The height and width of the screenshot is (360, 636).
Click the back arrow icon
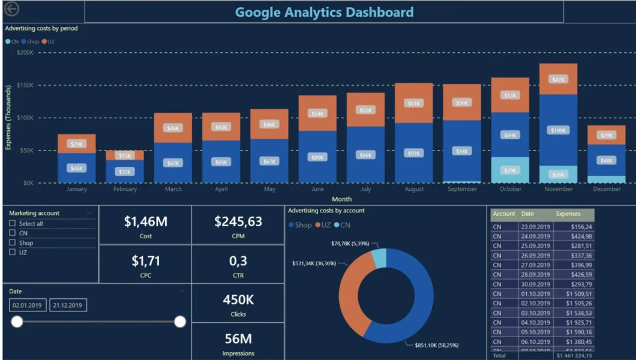click(x=11, y=9)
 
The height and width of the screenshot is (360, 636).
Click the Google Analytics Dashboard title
click(x=324, y=12)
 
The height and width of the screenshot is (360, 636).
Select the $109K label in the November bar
click(x=558, y=130)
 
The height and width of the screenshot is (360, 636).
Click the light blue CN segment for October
click(x=510, y=170)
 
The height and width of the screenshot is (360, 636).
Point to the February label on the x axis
click(x=125, y=189)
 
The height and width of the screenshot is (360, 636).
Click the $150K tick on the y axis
click(x=25, y=85)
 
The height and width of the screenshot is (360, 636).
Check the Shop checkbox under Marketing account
click(x=13, y=243)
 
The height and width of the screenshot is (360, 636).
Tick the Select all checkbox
click(x=13, y=224)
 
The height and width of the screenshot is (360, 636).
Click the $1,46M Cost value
click(x=145, y=221)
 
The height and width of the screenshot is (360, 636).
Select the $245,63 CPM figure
click(x=238, y=221)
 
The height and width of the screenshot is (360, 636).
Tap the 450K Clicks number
click(x=238, y=299)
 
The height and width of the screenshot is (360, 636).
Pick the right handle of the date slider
click(x=180, y=322)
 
